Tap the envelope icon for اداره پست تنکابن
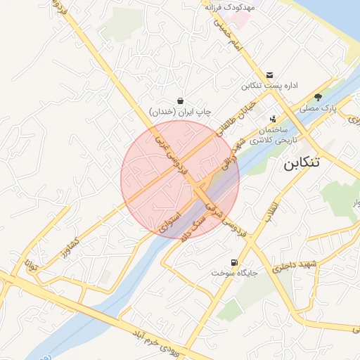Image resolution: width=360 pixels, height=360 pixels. pos(270,75)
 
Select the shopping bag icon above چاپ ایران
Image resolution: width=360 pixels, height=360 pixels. pos(181,101)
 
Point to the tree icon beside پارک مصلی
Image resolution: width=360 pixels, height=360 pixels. pos(318,98)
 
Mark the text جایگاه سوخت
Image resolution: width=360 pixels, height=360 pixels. pos(234,271)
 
